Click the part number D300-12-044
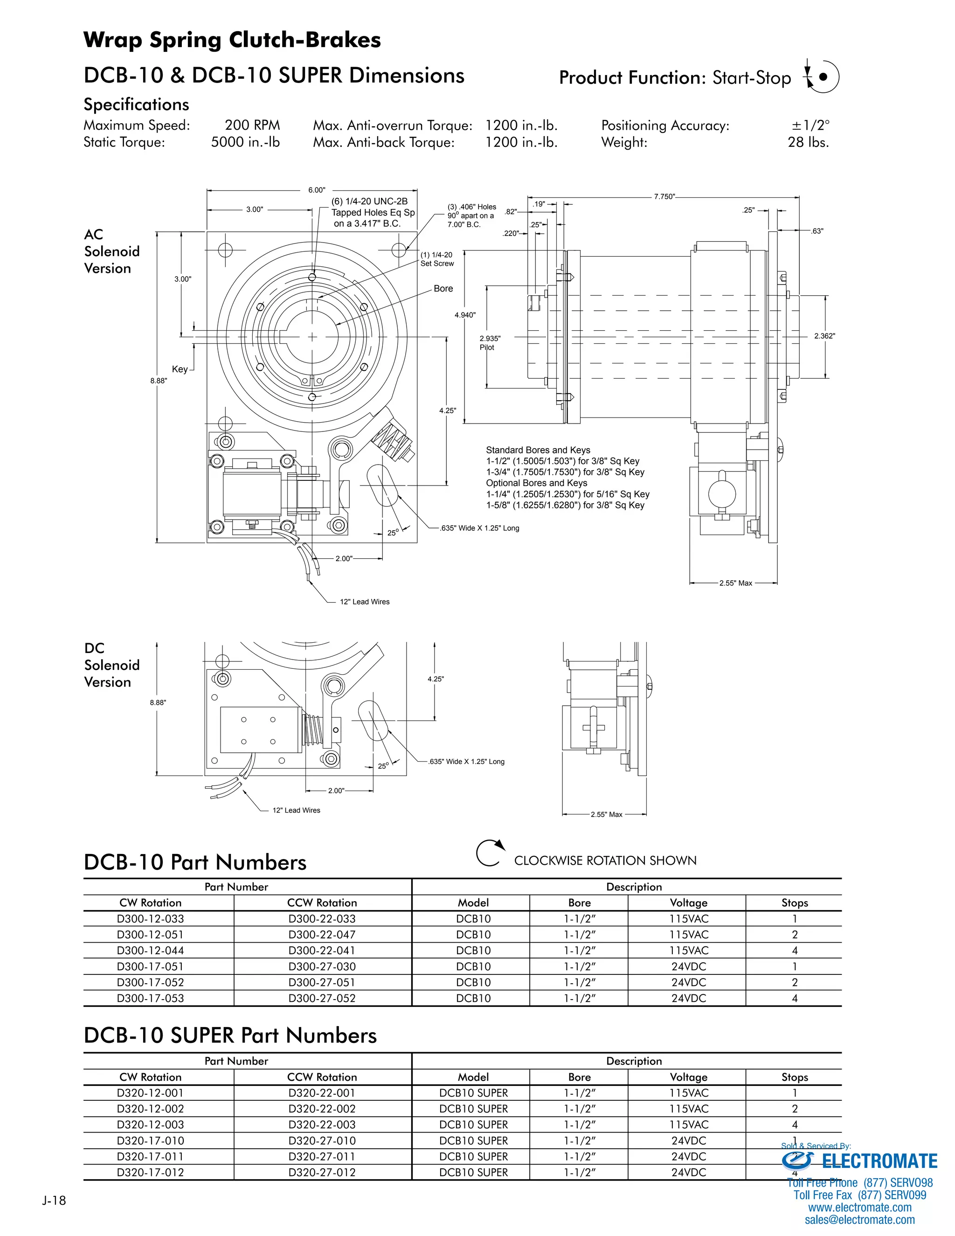click(150, 951)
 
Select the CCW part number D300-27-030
click(322, 966)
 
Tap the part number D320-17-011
click(150, 1157)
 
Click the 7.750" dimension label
click(664, 196)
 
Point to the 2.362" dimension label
click(824, 336)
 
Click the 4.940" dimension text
click(465, 315)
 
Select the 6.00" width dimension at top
click(316, 190)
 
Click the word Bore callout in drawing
click(443, 289)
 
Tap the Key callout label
click(180, 369)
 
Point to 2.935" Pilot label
click(489, 343)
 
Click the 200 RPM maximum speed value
click(252, 125)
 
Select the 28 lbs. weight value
click(808, 143)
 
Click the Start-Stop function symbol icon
click(822, 76)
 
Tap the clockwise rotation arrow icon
click(489, 854)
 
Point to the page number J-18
click(54, 1200)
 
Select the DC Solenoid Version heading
click(111, 665)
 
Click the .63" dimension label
click(817, 231)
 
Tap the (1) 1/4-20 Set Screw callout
click(437, 259)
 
